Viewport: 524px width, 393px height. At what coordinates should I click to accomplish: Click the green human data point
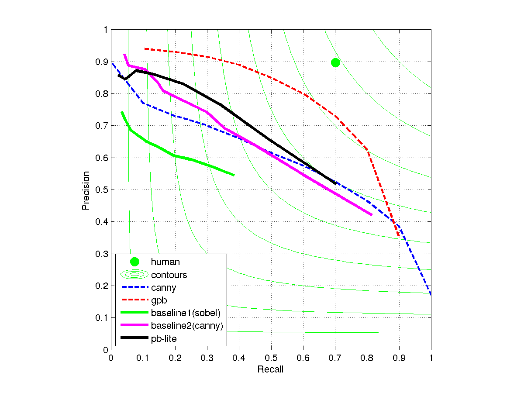335,62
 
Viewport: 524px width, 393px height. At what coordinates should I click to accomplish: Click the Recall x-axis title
270,370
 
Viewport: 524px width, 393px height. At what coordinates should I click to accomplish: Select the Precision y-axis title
86,190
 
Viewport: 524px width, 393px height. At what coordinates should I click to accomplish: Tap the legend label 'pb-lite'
164,338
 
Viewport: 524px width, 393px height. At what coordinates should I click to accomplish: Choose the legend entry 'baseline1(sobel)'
186,313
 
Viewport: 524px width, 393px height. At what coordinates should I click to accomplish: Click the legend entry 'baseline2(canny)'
187,326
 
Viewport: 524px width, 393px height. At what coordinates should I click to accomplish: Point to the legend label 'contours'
169,275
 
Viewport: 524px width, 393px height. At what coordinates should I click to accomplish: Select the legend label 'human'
165,262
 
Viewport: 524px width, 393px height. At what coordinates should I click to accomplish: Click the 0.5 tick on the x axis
271,357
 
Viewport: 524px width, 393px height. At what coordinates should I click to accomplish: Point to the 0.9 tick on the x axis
399,357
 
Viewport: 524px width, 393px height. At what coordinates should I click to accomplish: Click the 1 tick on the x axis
431,357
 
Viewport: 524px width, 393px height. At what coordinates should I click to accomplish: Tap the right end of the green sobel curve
234,175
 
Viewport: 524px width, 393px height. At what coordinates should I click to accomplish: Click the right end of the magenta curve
372,215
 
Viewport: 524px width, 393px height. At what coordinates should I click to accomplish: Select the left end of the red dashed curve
145,49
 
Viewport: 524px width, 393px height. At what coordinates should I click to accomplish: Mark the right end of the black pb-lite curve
335,183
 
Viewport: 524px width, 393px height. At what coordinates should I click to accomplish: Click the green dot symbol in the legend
134,262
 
